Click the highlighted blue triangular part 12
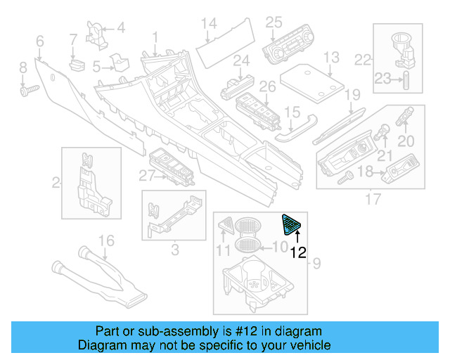pos(290,225)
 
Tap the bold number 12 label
pos(298,252)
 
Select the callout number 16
pos(105,242)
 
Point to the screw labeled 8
pos(29,90)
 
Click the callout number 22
pos(362,61)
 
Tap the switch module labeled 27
pos(172,165)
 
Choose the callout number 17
pos(373,200)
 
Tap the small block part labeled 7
pos(75,65)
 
